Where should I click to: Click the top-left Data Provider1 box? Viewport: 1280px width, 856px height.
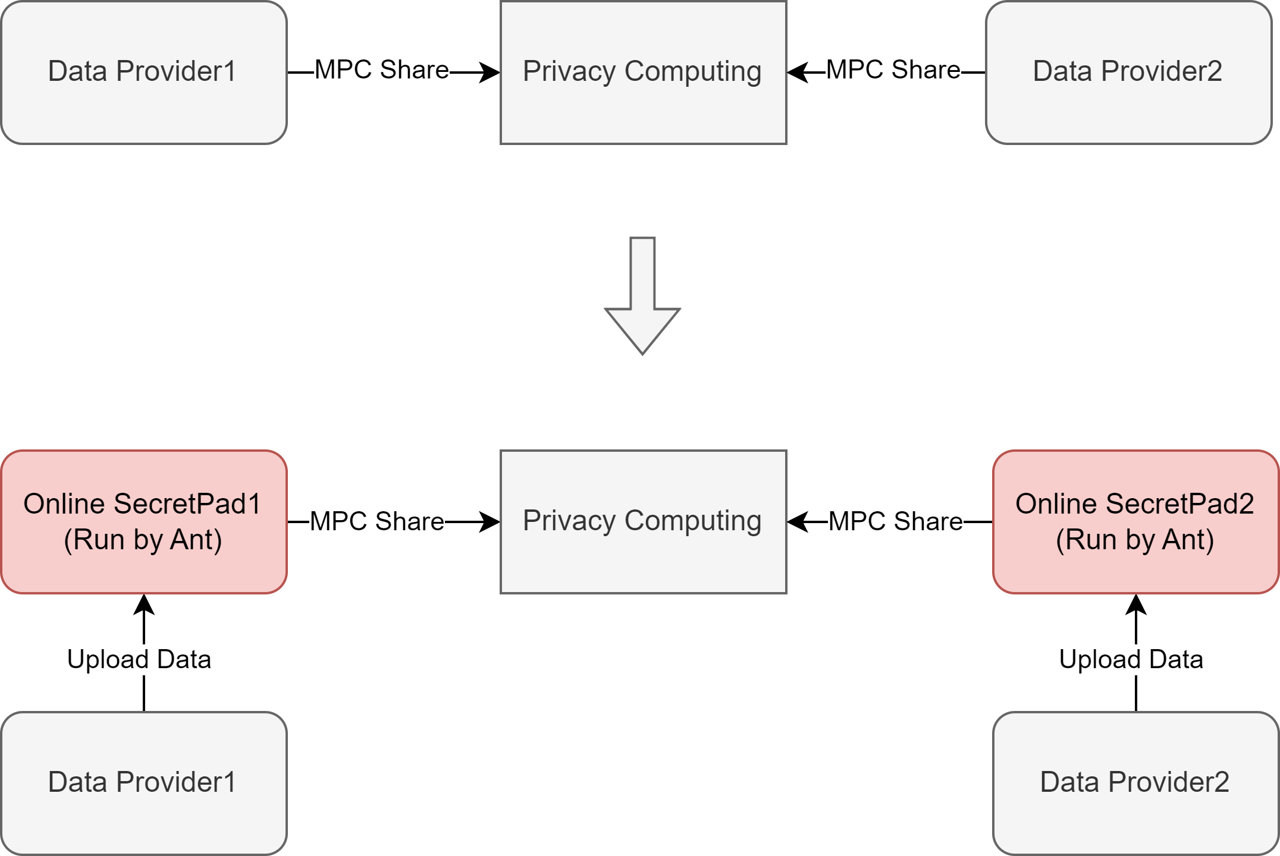(143, 72)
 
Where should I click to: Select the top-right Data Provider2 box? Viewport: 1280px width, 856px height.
(1128, 72)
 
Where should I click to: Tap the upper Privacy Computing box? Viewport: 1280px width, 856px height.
(643, 72)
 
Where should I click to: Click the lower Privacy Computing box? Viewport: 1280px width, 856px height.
(643, 521)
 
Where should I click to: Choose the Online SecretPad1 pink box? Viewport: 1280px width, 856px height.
(143, 521)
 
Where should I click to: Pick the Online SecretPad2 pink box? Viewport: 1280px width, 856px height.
(1135, 521)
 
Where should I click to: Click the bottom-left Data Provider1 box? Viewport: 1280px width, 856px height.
(143, 783)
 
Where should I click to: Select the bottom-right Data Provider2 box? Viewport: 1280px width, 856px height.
(1135, 783)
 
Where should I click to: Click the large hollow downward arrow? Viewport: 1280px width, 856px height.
(642, 297)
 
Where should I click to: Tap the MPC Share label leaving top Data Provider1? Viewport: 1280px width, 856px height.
(381, 70)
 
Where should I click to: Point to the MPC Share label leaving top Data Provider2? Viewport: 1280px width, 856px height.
(893, 70)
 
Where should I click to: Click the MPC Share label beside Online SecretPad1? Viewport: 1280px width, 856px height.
(377, 521)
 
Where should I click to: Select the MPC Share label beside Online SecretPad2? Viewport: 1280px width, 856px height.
(895, 521)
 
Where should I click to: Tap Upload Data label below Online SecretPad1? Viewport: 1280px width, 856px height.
(139, 659)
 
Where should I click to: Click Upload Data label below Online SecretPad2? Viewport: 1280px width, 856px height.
(1131, 659)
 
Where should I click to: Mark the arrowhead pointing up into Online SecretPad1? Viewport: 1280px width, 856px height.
(144, 604)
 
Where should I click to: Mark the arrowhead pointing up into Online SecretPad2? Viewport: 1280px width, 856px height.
(1136, 604)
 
